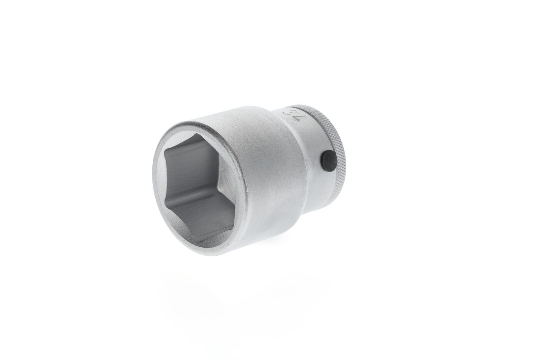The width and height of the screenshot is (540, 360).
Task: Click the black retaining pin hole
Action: (329, 161)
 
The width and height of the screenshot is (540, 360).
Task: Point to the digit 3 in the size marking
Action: (291, 113)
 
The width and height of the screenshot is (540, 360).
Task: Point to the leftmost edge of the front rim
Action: (153, 177)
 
